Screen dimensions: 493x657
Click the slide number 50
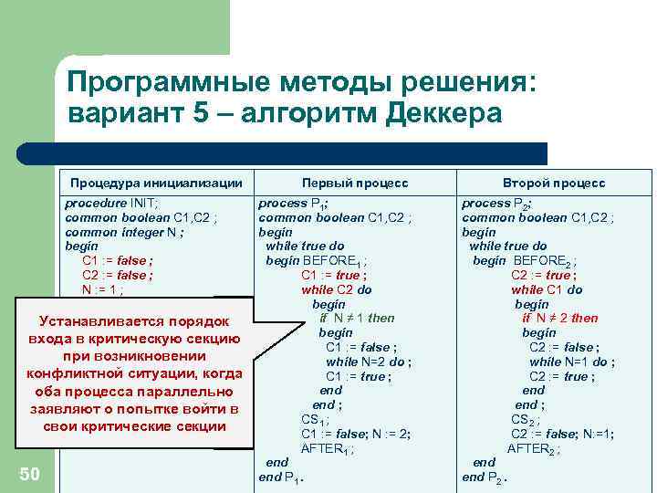pos(29,472)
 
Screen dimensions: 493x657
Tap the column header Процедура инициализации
pos(156,183)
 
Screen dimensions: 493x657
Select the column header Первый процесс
pos(355,183)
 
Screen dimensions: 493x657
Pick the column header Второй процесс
pos(554,183)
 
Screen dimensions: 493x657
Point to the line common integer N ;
pos(125,232)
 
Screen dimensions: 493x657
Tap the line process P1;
pos(295,204)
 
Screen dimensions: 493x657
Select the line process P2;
pos(497,204)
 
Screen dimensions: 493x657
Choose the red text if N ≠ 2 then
pos(560,318)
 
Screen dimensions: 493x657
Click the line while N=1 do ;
pos(572,362)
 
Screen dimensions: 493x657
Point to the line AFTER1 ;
pos(327,448)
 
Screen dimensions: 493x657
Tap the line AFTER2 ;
pos(534,448)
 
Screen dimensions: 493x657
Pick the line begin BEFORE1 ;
pos(318,261)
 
